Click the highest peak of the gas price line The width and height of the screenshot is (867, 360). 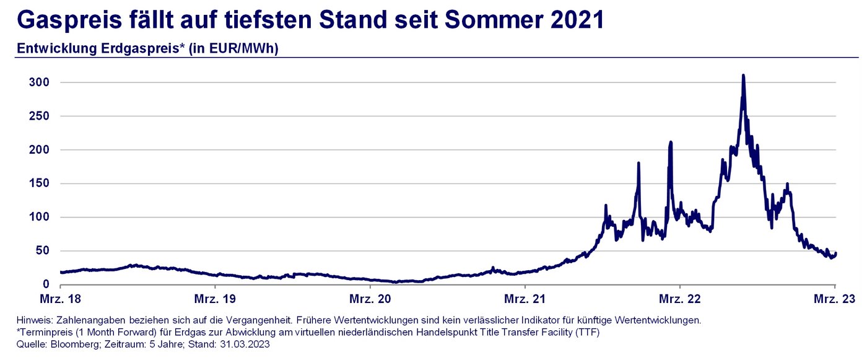743,76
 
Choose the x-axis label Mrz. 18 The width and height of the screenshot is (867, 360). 61,300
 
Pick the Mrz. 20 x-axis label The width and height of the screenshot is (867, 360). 370,300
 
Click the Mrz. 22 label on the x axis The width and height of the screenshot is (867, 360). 680,300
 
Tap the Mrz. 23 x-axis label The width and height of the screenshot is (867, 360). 835,300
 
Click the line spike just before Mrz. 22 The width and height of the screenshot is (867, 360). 670,143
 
